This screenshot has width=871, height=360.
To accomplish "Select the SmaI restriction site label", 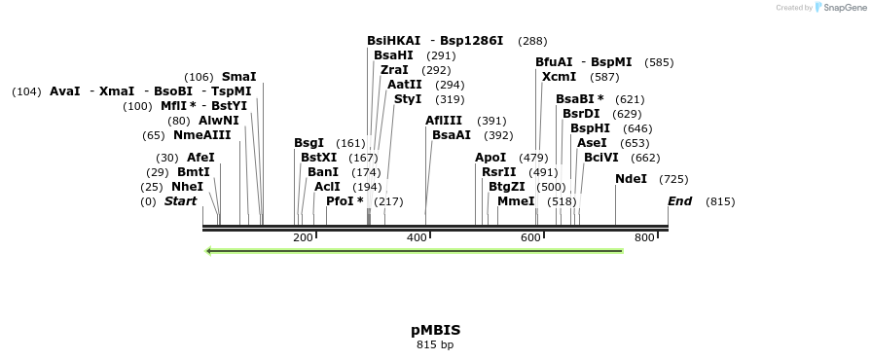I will [x=238, y=77].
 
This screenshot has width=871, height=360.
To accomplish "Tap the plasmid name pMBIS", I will [x=435, y=330].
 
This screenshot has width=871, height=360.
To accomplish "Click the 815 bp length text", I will [x=435, y=344].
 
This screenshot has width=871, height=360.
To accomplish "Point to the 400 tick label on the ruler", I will [x=417, y=238].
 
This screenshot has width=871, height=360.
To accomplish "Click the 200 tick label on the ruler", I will [x=303, y=238].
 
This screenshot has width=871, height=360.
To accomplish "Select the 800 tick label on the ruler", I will [x=644, y=238].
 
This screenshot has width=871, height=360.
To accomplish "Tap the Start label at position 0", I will [x=180, y=201].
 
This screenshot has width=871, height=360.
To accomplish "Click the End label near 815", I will [x=679, y=201].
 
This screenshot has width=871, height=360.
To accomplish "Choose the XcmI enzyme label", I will [x=559, y=77].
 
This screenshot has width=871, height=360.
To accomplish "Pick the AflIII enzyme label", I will [x=444, y=121].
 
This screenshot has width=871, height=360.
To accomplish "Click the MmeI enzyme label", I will [x=516, y=201].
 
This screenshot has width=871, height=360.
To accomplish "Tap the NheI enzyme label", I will [x=187, y=187].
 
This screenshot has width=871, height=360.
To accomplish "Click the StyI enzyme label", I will [x=408, y=99].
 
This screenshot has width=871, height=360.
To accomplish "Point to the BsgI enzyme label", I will [x=308, y=143].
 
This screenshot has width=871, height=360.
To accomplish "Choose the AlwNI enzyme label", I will [x=218, y=121].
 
